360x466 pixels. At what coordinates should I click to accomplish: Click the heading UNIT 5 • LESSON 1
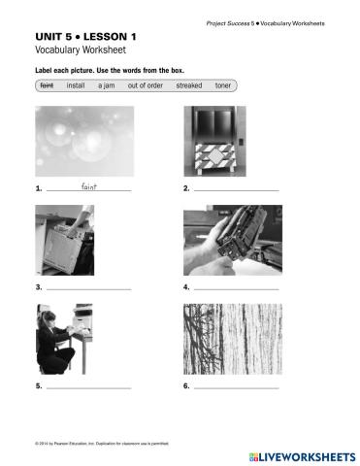(84, 36)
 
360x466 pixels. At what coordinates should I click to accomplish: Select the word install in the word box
(76, 85)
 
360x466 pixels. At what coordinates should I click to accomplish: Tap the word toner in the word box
(223, 85)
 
